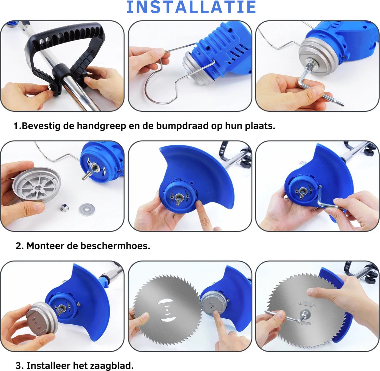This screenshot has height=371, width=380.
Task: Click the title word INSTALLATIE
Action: tap(191, 7)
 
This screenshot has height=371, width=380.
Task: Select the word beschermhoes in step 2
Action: tap(115, 246)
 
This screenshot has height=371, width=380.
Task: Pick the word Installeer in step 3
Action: tap(48, 366)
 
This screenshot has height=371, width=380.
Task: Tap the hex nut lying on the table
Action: tap(64, 208)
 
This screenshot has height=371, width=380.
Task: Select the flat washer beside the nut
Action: tap(87, 210)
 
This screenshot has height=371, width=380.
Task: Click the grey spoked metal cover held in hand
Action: tap(37, 184)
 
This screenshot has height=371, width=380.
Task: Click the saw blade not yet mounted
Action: tap(167, 310)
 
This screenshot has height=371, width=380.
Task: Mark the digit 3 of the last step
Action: tap(18, 366)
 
